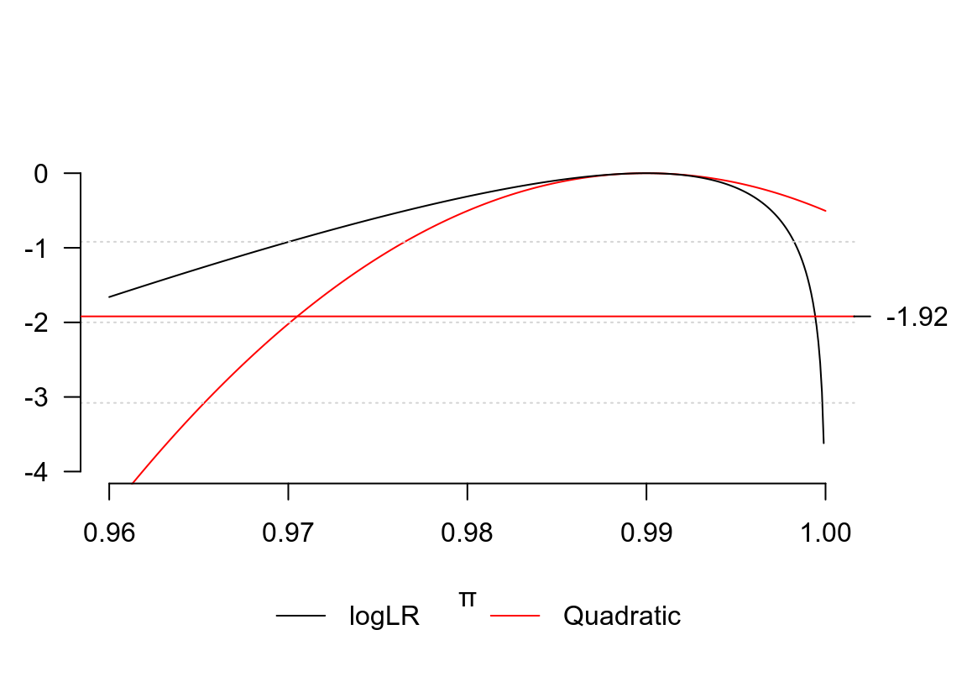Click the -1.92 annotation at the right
(x=917, y=318)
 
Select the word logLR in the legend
(x=384, y=617)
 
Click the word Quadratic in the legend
(x=622, y=617)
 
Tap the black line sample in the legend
(x=301, y=617)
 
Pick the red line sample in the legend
(x=515, y=617)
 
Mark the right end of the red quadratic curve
(x=825, y=211)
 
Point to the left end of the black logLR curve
(x=110, y=297)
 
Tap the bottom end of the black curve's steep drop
(x=823, y=442)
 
